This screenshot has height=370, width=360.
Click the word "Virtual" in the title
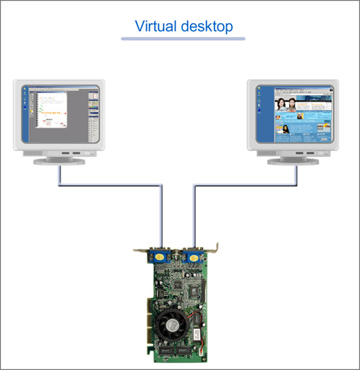pyautogui.click(x=156, y=26)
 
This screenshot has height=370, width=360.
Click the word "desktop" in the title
pyautogui.click(x=207, y=27)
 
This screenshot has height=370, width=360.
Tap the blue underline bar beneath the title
pyautogui.click(x=183, y=39)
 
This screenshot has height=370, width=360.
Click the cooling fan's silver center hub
pyautogui.click(x=172, y=326)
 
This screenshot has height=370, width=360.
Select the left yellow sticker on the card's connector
pyautogui.click(x=160, y=258)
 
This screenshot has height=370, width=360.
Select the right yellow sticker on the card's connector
pyautogui.click(x=194, y=258)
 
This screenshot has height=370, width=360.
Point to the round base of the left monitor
pyautogui.click(x=59, y=161)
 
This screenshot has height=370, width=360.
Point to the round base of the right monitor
pyautogui.click(x=293, y=161)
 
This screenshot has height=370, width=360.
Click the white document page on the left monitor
pyautogui.click(x=51, y=110)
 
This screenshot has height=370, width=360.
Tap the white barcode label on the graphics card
pyautogui.click(x=197, y=334)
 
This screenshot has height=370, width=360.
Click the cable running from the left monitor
pyautogui.click(x=111, y=185)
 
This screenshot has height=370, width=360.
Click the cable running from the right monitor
pyautogui.click(x=246, y=185)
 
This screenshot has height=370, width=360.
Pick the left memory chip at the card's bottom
pyautogui.click(x=166, y=351)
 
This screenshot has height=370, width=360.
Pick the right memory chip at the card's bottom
pyautogui.click(x=184, y=351)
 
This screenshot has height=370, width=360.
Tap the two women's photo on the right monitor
pyautogui.click(x=285, y=104)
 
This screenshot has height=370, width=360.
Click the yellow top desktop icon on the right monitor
pyautogui.click(x=259, y=89)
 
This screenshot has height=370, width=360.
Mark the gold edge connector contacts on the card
pyautogui.click(x=149, y=322)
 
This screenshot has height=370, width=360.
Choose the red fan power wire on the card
pyautogui.click(x=194, y=315)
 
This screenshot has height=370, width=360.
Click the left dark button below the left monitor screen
pyautogui.click(x=66, y=153)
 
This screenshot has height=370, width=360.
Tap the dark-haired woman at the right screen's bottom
pyautogui.click(x=286, y=130)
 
